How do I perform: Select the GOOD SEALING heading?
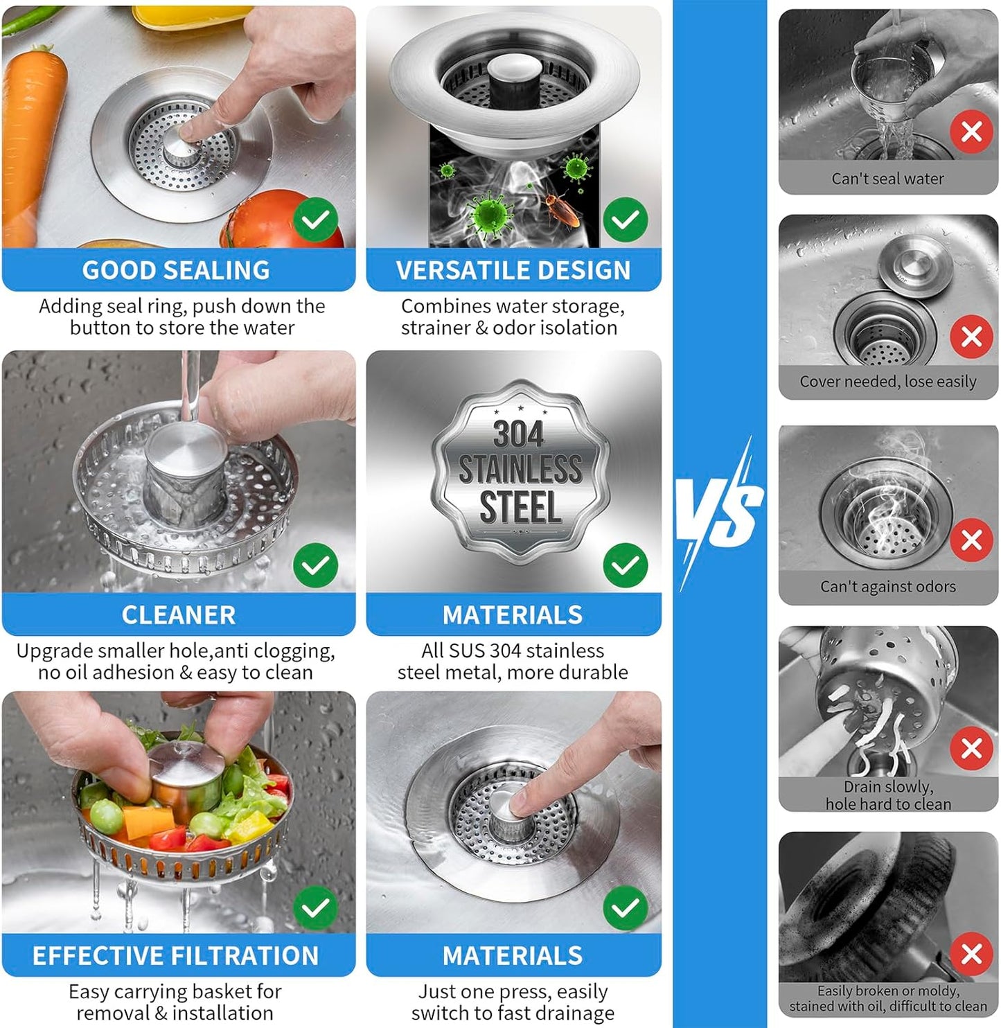(176, 270)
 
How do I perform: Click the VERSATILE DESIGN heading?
(513, 270)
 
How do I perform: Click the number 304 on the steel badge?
(518, 434)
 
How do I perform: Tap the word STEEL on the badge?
(520, 507)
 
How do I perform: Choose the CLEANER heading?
(179, 615)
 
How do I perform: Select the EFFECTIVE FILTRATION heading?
(176, 956)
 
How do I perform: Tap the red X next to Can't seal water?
(971, 131)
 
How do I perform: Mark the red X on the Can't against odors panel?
(971, 540)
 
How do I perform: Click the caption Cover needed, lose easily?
(887, 382)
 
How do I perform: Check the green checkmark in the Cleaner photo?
(316, 565)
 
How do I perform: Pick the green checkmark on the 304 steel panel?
(626, 565)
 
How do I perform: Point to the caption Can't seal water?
(887, 179)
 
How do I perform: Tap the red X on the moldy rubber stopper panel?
(971, 954)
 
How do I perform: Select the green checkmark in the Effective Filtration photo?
(316, 907)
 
